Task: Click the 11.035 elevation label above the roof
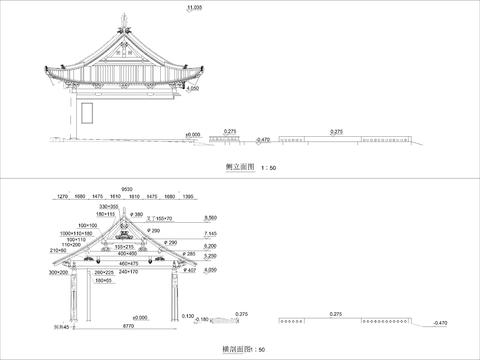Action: pos(194,7)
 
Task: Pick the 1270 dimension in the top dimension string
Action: pos(63,198)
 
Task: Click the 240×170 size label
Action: pos(128,271)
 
